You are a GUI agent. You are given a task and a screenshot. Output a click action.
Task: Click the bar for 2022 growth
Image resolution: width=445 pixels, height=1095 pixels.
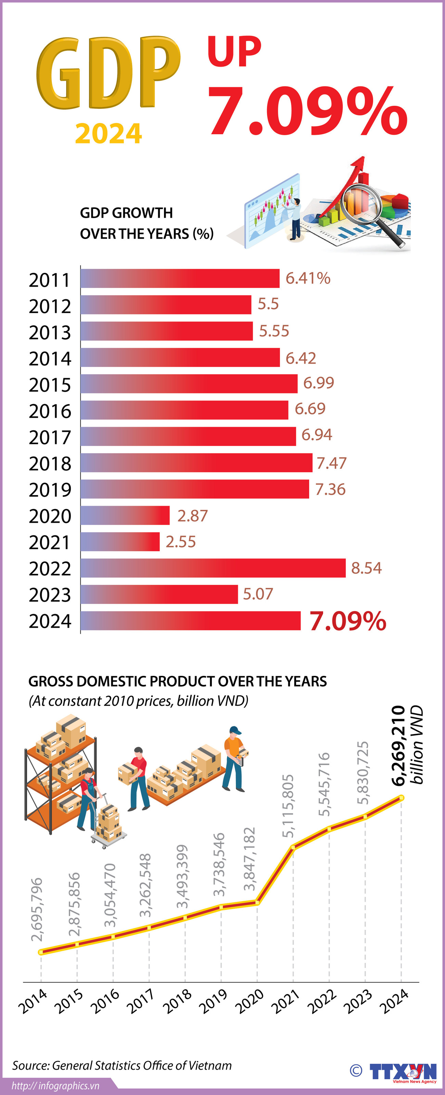[213, 568]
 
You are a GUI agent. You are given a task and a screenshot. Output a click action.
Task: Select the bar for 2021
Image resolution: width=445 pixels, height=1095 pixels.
[120, 542]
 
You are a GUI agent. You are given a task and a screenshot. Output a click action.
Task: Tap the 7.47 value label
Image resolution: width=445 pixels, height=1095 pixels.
[331, 463]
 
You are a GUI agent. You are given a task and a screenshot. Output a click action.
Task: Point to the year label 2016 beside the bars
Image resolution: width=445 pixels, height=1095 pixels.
[50, 411]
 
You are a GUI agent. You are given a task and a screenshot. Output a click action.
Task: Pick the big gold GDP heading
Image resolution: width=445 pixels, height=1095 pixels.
[109, 73]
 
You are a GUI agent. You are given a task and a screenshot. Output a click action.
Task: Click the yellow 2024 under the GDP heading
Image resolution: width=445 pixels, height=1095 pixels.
[109, 134]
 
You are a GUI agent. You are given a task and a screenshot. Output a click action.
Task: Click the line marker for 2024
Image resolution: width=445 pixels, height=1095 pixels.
[401, 798]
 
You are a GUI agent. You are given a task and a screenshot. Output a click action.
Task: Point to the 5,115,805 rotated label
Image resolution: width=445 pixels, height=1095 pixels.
[288, 806]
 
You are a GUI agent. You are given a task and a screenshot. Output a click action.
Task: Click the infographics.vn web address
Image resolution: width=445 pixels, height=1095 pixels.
[55, 1086]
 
